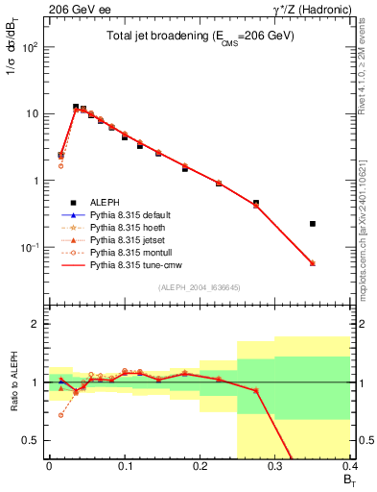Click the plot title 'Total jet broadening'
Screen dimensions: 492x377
(x=200, y=36)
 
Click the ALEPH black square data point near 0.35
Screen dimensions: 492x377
(x=313, y=224)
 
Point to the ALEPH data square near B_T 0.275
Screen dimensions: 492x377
(x=256, y=203)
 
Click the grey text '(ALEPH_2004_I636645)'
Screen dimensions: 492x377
(x=200, y=287)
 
